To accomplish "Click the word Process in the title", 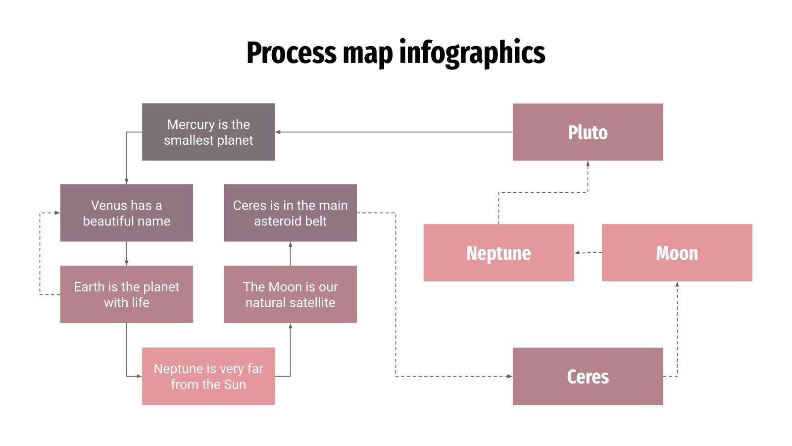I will [x=291, y=53].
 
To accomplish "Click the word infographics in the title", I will [x=472, y=53].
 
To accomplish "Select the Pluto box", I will [x=588, y=132].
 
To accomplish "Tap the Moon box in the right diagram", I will [x=677, y=253].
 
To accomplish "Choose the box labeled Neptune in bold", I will [x=498, y=253].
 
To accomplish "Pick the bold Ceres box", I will [x=588, y=376].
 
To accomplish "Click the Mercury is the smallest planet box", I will [x=208, y=132].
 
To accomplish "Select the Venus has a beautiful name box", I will [x=126, y=213].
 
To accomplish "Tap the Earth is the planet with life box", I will [x=126, y=294].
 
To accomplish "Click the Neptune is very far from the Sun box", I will [x=208, y=376].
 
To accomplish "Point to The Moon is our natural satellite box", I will [x=290, y=294].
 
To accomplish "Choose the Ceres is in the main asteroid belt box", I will [x=290, y=213].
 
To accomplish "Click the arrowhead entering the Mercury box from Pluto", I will [x=278, y=132].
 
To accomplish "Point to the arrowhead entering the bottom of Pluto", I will [x=588, y=164].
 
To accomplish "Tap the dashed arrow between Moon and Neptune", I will [x=588, y=253].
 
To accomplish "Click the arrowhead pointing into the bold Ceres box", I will [x=509, y=376].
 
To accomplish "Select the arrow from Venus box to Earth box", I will [x=126, y=254].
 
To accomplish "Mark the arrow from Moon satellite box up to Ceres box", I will [x=290, y=254].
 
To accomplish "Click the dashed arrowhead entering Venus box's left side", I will [x=57, y=213].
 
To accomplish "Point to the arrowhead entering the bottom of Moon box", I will [x=677, y=284].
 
